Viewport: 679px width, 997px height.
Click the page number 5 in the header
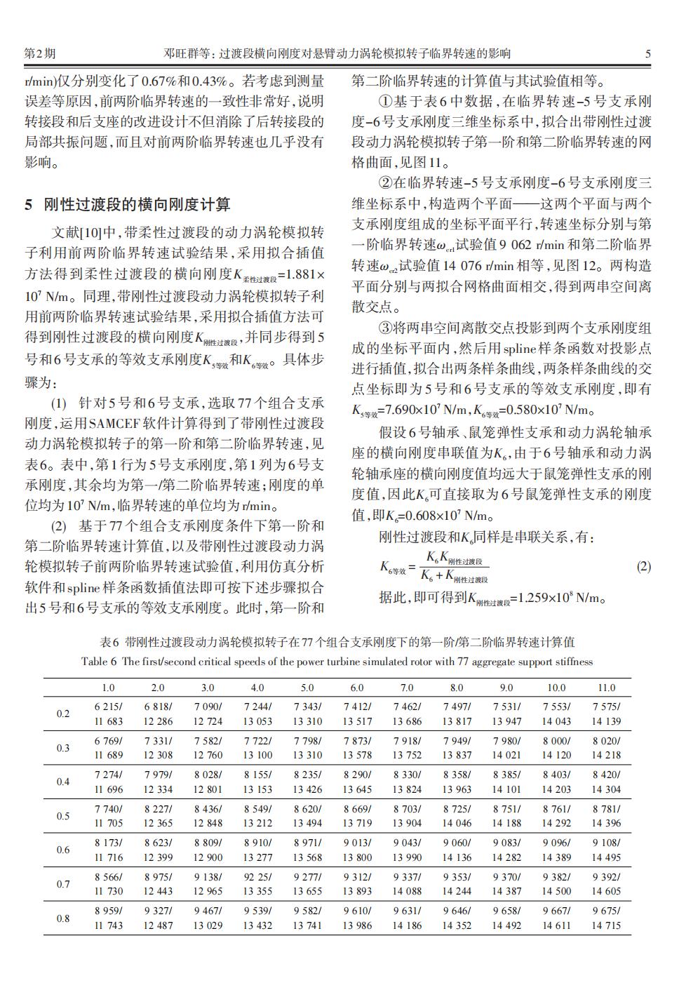coord(648,53)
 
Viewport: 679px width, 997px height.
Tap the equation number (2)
coord(643,567)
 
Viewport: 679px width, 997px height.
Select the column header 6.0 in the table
coord(357,688)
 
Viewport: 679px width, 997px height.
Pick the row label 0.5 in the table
coord(63,816)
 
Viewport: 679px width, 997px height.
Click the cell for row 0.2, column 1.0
coord(109,714)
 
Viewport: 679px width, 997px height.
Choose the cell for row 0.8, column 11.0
coord(606,918)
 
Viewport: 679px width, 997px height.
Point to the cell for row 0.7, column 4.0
coord(257,884)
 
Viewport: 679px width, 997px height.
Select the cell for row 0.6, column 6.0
coord(357,850)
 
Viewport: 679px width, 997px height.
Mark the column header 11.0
coord(606,688)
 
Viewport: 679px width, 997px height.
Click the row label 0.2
coord(63,714)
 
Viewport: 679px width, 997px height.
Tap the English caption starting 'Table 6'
coord(337,662)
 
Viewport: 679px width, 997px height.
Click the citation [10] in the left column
coord(91,232)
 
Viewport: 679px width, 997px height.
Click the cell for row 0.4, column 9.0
coord(506,782)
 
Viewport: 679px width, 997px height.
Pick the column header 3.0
coord(208,688)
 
